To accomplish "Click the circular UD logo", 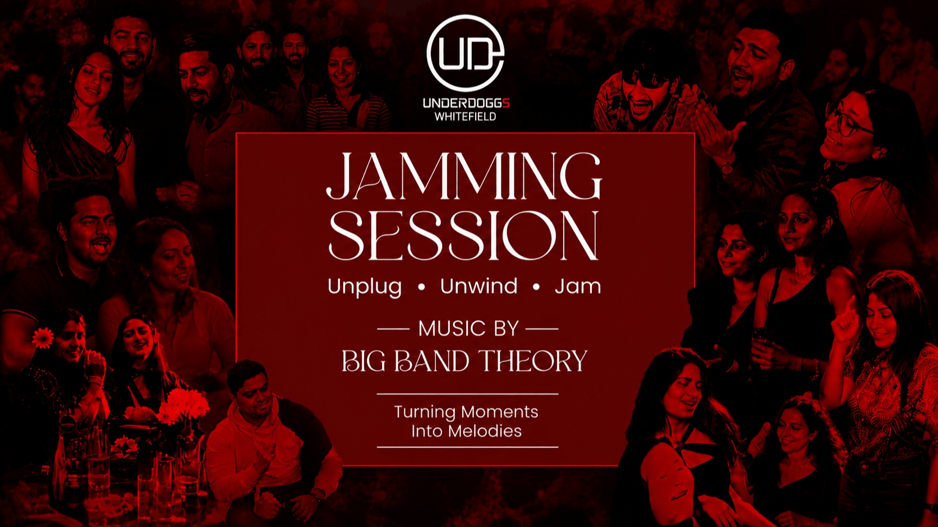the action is pyautogui.click(x=465, y=53).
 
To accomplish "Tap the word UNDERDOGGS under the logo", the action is pyautogui.click(x=466, y=103).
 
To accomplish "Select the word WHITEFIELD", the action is pyautogui.click(x=465, y=117).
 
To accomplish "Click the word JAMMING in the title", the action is pyautogui.click(x=464, y=176).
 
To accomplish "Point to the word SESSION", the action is pyautogui.click(x=463, y=235).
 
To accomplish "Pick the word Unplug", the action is pyautogui.click(x=364, y=288).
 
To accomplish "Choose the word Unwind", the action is pyautogui.click(x=479, y=286).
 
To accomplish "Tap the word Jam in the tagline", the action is pyautogui.click(x=578, y=286).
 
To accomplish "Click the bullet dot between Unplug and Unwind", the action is pyautogui.click(x=421, y=288).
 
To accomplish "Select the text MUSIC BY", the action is pyautogui.click(x=468, y=329).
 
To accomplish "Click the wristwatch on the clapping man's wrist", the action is pyautogui.click(x=726, y=168).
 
